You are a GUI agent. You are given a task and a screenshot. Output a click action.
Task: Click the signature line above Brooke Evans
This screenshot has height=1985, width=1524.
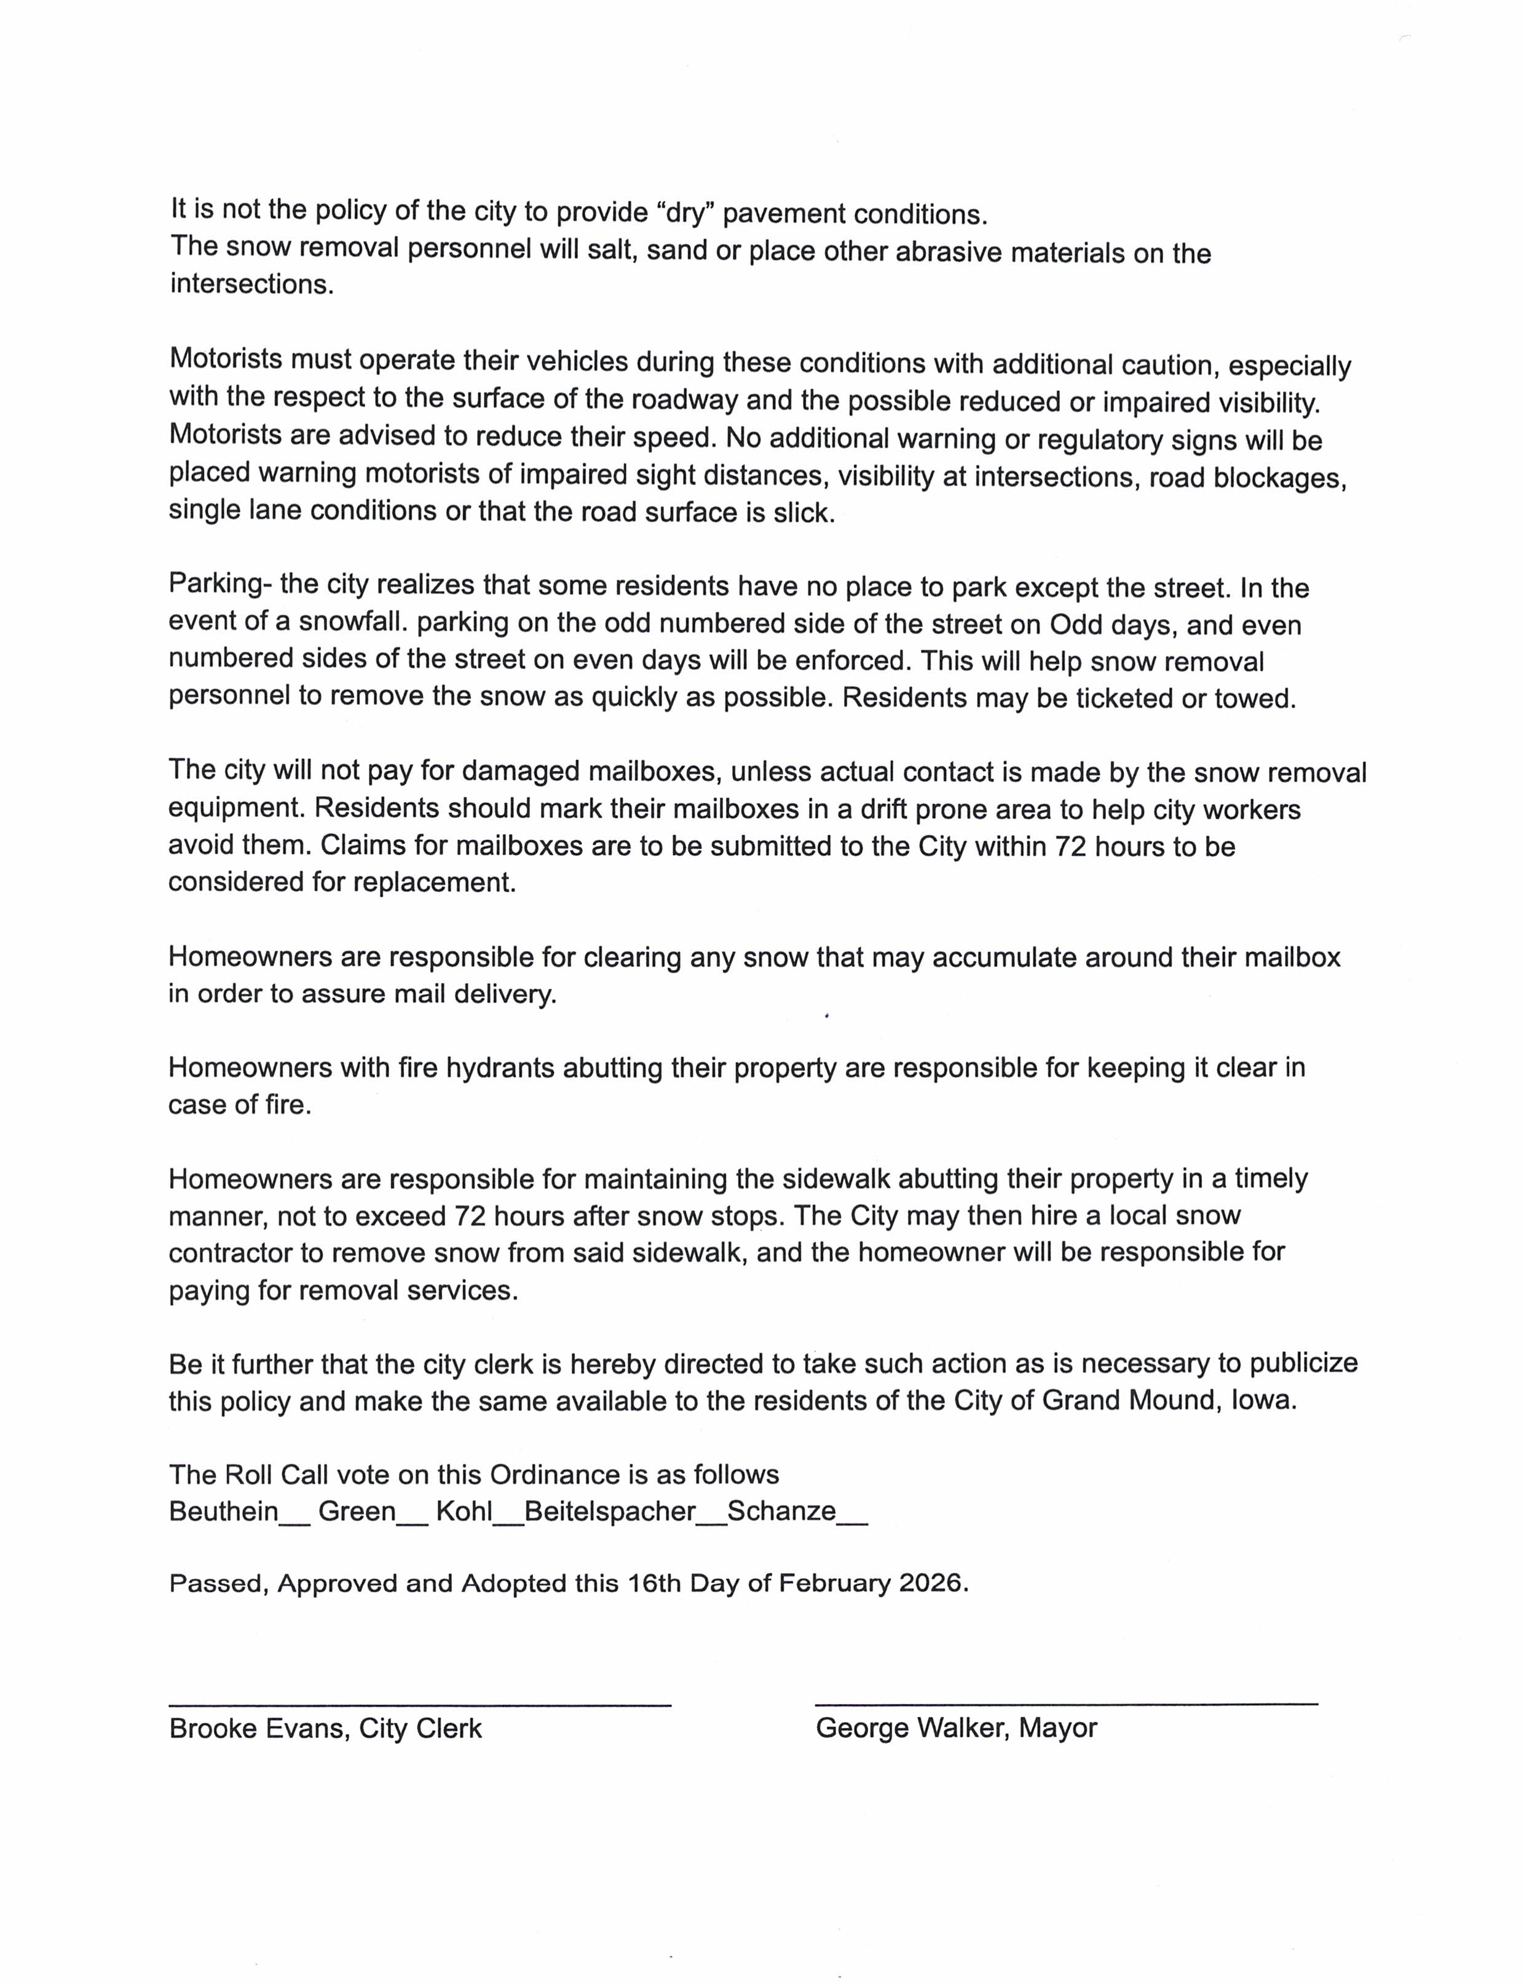click(419, 1705)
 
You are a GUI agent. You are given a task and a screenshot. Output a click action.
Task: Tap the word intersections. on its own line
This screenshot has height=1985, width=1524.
click(252, 285)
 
